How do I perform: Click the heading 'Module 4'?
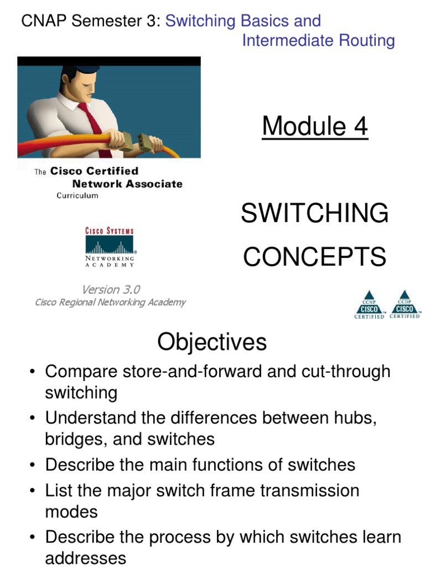[x=315, y=127]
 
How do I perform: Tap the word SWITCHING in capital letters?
[x=315, y=214]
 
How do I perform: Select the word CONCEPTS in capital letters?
[x=315, y=257]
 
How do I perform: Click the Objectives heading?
[x=212, y=342]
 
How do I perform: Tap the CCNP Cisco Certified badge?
[x=369, y=305]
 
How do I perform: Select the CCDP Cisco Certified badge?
[x=405, y=305]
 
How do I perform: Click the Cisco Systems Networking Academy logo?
[x=110, y=248]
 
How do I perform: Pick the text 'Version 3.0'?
[x=111, y=290]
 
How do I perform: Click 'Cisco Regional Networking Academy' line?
[x=110, y=302]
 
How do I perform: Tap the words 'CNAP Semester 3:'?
[x=91, y=22]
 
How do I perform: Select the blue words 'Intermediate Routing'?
[x=318, y=40]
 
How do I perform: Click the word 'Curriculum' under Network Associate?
[x=77, y=195]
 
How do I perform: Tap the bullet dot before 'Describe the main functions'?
[x=34, y=465]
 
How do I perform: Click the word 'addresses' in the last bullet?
[x=85, y=558]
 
